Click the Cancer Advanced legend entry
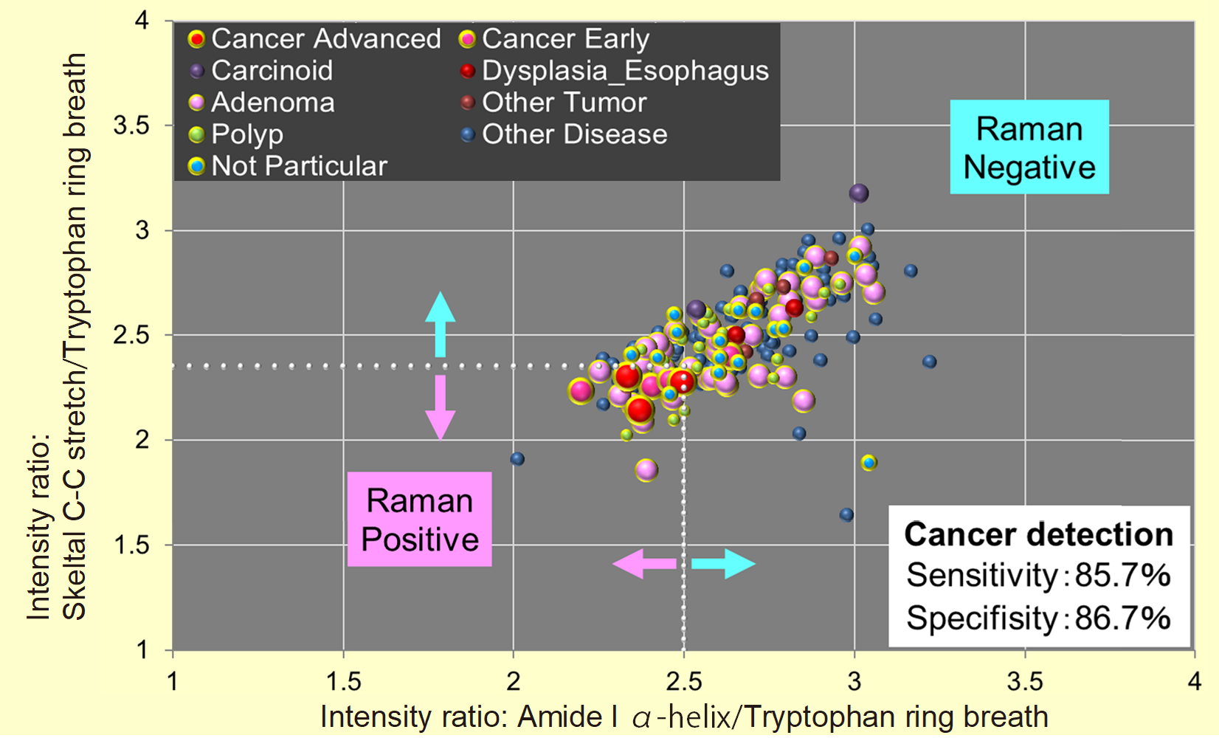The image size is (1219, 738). (315, 39)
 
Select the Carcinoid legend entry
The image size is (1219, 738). (261, 71)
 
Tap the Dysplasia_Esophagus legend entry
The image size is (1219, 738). (615, 71)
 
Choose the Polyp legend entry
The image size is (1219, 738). (236, 134)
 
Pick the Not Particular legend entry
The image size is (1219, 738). (289, 166)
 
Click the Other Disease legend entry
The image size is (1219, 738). (564, 134)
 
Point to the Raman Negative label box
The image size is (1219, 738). (1029, 148)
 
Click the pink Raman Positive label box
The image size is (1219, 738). (420, 520)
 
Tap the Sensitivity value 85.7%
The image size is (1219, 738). (1122, 576)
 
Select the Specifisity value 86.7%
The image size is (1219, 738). (1122, 618)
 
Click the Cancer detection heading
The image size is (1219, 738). (1038, 534)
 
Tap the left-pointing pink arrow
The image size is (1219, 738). (643, 564)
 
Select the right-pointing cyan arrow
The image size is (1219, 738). (723, 564)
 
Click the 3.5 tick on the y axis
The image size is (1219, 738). (131, 125)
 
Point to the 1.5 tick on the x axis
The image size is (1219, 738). (343, 680)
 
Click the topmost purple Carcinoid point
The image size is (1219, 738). (858, 193)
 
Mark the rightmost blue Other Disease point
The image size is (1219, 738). (930, 362)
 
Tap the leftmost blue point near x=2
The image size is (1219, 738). (517, 459)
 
